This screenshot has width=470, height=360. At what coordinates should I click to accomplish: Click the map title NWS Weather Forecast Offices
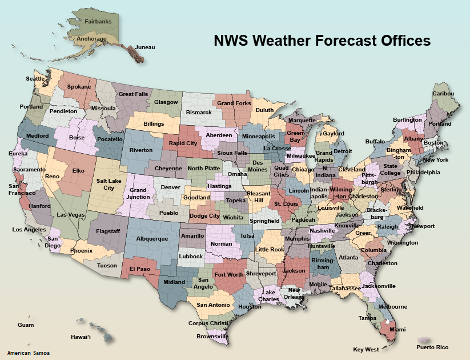(x=322, y=41)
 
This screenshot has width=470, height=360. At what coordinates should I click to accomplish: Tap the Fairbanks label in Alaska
(x=98, y=21)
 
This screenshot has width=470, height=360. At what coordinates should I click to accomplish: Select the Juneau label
(x=145, y=47)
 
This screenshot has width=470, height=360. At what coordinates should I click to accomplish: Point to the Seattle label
(x=35, y=79)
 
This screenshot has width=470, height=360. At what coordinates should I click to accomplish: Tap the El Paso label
(x=139, y=269)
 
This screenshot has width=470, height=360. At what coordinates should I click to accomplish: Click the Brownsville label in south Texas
(x=212, y=337)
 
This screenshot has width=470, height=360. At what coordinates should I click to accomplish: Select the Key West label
(x=366, y=349)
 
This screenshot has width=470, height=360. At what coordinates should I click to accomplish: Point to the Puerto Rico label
(x=432, y=347)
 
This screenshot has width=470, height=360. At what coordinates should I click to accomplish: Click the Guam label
(x=26, y=325)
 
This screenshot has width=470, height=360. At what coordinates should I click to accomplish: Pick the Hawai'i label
(x=81, y=337)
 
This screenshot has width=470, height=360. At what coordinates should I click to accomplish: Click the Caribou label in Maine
(x=443, y=94)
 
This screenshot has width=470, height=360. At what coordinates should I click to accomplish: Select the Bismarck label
(x=199, y=113)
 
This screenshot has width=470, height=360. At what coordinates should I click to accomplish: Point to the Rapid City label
(x=183, y=143)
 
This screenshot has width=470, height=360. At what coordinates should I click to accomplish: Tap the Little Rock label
(x=270, y=250)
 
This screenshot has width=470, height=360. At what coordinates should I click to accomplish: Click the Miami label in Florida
(x=397, y=330)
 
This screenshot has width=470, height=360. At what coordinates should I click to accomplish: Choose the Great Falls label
(x=133, y=94)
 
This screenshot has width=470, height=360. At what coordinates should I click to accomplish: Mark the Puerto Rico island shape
(x=425, y=340)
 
